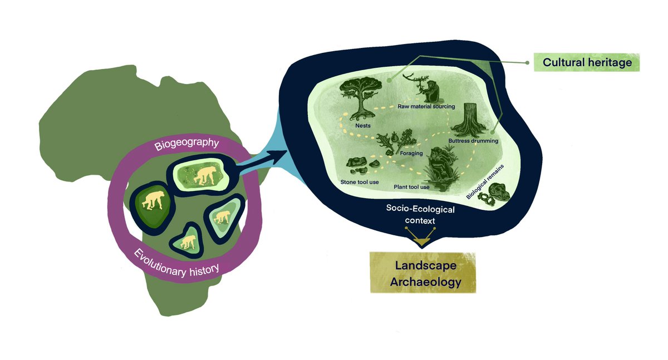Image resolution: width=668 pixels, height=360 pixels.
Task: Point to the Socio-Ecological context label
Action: [x=421, y=215]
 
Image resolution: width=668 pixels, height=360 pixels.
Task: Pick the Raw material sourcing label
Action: [x=426, y=106]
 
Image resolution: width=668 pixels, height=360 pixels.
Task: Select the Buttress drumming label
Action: [x=473, y=141]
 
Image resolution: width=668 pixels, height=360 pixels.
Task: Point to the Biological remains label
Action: [x=480, y=181]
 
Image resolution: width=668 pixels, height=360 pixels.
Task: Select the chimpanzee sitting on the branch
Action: [x=430, y=89]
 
